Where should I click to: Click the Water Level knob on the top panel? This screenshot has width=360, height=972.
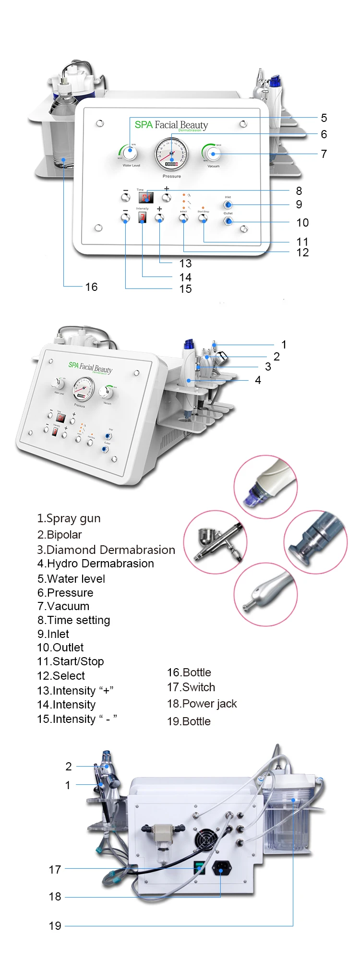coord(130,153)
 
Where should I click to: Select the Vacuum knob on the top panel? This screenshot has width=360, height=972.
coord(213,154)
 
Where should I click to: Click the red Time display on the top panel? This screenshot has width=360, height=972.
coord(146,197)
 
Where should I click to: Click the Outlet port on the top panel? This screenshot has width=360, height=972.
coord(228,221)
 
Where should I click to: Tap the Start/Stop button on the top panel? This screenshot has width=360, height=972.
coord(203,219)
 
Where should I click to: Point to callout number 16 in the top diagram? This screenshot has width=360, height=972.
coord(91,287)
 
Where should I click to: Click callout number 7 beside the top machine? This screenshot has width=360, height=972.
coord(324,154)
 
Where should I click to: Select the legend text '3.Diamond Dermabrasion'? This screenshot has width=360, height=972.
coord(106,550)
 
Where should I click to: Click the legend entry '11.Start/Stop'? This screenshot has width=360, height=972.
coord(71,661)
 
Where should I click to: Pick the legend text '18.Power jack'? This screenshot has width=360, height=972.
coord(202,704)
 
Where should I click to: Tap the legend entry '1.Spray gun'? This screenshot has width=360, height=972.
coord(69,518)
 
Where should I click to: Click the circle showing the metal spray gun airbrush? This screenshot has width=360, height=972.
coord(216,542)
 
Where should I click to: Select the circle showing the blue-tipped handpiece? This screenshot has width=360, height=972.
coord(265,487)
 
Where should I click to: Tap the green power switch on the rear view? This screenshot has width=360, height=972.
coord(199,867)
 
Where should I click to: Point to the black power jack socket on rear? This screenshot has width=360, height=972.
coord(221,868)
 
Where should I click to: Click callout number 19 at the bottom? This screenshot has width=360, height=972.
coord(55,926)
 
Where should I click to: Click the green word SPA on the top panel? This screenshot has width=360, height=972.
coord(144,125)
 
